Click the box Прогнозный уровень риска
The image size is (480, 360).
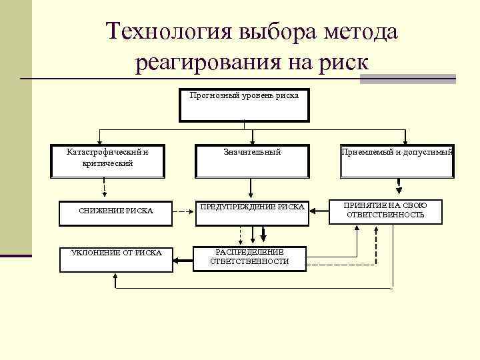[x=244, y=105]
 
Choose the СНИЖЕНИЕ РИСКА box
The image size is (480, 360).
[x=116, y=212]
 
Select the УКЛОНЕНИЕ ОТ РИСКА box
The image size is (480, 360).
[x=116, y=259]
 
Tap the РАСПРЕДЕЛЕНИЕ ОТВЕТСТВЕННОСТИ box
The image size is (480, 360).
[x=249, y=257]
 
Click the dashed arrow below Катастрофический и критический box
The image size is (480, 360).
[x=105, y=189]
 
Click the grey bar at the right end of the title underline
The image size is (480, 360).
[x=407, y=79]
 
